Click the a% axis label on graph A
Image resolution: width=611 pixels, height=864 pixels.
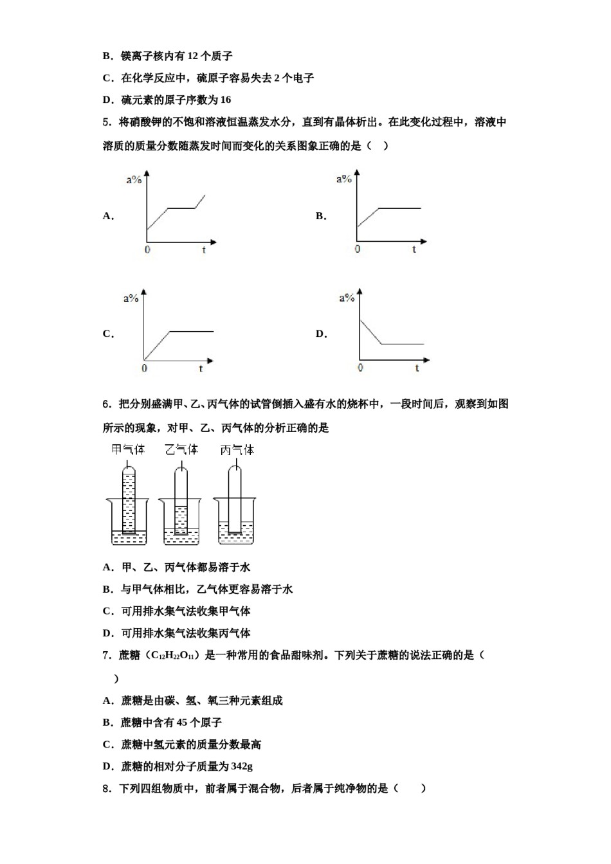pos(134,180)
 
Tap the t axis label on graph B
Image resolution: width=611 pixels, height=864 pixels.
pos(414,249)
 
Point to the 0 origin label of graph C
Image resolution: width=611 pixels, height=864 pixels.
pos(144,368)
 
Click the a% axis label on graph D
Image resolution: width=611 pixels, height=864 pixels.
pos(347,298)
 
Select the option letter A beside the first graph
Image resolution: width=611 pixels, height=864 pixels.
pos(107,216)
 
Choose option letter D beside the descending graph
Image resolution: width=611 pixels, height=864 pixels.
pos(320,334)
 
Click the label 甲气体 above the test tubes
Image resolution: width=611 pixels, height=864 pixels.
pos(128,449)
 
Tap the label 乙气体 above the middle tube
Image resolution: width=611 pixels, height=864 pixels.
pos(181,449)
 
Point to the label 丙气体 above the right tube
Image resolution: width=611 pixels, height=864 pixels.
pos(237,449)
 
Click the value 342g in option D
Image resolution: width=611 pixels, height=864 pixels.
pos(241,766)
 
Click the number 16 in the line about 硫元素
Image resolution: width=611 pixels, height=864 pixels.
pos(225,100)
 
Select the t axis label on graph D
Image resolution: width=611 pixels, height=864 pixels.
pos(417,368)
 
